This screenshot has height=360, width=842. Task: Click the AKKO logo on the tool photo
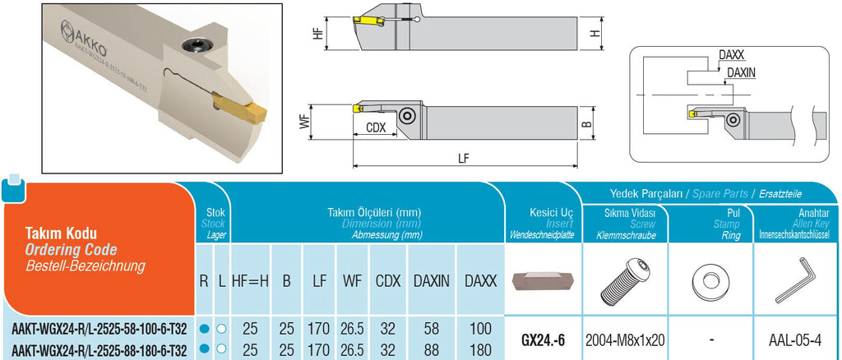tap(84, 39)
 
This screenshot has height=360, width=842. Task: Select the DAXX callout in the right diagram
tap(730, 55)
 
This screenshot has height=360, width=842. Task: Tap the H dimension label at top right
tap(595, 33)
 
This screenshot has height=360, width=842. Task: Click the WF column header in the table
tap(352, 280)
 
